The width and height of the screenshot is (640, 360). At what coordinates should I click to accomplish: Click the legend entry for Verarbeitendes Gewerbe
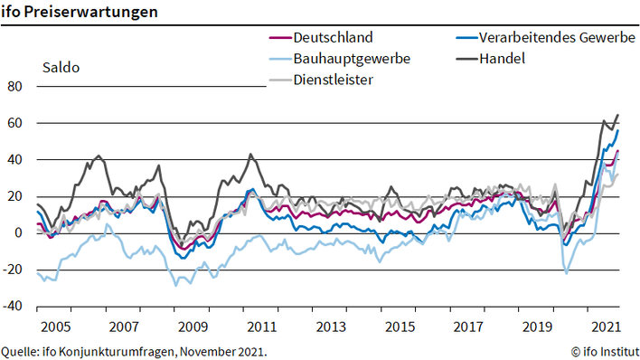pos(547,38)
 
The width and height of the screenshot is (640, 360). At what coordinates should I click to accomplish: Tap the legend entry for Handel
pos(505,59)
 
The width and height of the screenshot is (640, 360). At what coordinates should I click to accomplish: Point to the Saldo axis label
pos(60,67)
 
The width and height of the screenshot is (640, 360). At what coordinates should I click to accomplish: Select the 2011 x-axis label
pos(261,326)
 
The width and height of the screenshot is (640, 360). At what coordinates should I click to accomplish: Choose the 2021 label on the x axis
pos(604,326)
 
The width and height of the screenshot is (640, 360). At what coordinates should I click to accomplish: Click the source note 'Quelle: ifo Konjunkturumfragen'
pos(135,349)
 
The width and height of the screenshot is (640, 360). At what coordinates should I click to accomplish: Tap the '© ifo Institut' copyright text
pos(604,349)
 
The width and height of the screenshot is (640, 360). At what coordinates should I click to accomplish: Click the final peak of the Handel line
pos(617,115)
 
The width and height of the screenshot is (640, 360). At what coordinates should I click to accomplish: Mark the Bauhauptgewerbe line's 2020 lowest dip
pos(567,272)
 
